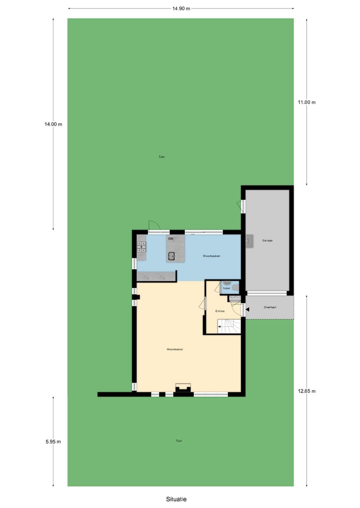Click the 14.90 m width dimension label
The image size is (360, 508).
click(180, 8)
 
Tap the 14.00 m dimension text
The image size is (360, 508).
click(53, 124)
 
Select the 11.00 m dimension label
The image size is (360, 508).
click(306, 102)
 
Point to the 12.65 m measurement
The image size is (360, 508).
click(306, 391)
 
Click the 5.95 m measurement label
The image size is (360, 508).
click(53, 441)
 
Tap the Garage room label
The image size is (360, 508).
click(267, 240)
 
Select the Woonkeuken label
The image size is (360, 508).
click(211, 256)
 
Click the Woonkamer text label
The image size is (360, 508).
click(174, 349)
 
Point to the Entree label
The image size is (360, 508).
click(220, 311)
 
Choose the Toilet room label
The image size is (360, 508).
click(226, 288)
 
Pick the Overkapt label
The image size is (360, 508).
click(270, 307)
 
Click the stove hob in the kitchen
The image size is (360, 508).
click(141, 245)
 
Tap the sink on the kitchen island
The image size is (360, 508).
click(171, 256)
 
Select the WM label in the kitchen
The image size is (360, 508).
click(170, 239)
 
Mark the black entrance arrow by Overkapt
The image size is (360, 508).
click(247, 310)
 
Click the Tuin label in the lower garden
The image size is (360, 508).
click(178, 441)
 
